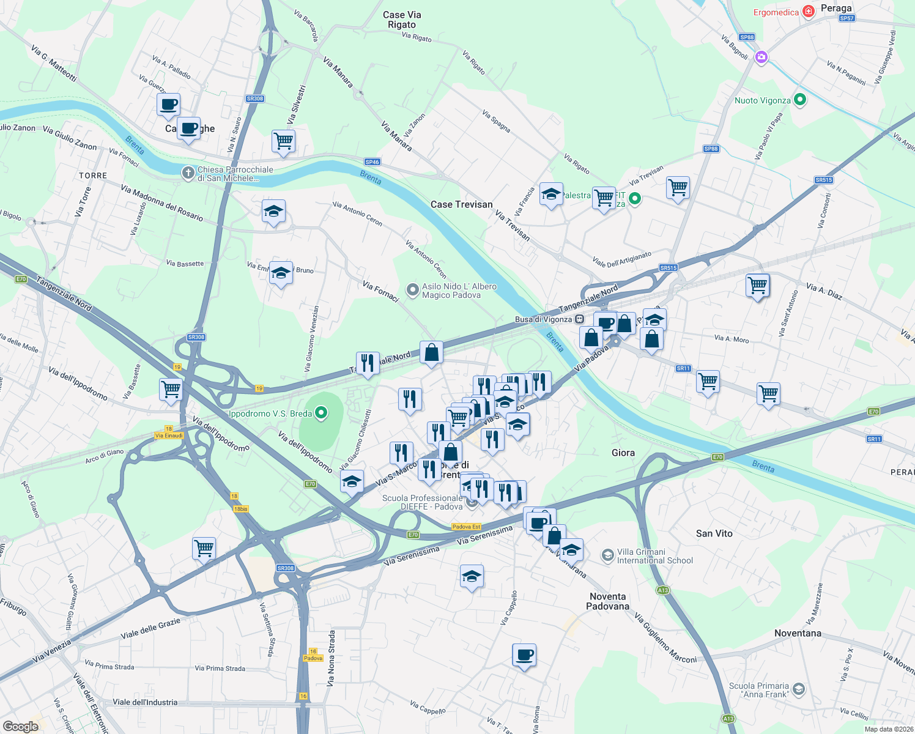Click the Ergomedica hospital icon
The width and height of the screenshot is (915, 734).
(x=809, y=12)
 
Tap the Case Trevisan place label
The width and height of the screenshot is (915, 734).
(x=461, y=204)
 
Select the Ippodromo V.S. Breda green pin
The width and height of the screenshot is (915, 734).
(x=320, y=414)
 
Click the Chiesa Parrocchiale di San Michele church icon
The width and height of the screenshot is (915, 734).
(x=188, y=174)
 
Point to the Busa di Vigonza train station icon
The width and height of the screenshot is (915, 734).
(x=580, y=319)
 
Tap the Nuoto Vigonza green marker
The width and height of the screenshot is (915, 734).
(x=799, y=100)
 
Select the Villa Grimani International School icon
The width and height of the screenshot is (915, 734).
(x=607, y=555)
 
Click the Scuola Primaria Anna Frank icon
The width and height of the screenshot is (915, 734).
(x=798, y=690)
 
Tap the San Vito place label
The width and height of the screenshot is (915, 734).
(x=714, y=533)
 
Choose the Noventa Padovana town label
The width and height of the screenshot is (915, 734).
(x=607, y=601)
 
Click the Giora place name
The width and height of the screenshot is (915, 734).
(x=623, y=453)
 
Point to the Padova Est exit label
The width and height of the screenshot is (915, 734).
(x=466, y=527)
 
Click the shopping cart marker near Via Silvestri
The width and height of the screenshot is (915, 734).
(x=283, y=141)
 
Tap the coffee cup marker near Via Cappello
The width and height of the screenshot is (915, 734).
(x=524, y=655)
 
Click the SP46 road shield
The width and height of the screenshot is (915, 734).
(x=372, y=162)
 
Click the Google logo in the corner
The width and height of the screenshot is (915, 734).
(x=20, y=726)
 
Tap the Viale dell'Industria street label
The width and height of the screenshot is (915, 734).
(x=145, y=702)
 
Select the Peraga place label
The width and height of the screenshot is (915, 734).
(x=835, y=8)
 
